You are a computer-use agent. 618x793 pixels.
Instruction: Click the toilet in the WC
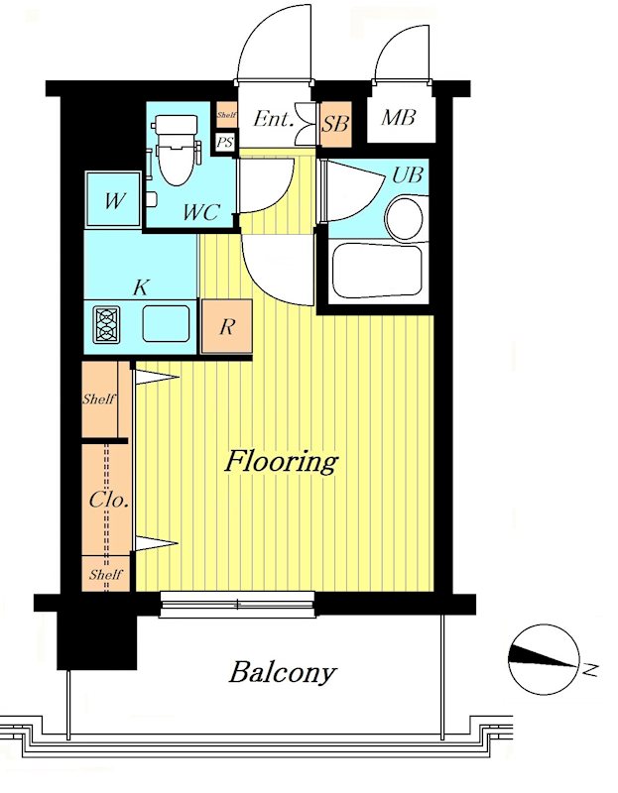(x=177, y=151)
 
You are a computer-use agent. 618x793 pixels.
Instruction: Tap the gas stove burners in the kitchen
(x=107, y=324)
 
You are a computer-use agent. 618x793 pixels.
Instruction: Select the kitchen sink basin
(x=166, y=324)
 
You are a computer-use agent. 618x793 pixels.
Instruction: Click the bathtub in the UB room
(x=377, y=271)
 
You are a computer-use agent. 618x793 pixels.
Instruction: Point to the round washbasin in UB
(x=404, y=218)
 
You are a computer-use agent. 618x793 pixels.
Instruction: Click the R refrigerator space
(x=227, y=326)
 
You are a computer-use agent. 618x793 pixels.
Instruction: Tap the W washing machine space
(x=113, y=199)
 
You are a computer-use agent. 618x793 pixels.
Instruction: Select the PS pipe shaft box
(x=225, y=142)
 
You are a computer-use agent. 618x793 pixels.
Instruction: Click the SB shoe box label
(x=335, y=123)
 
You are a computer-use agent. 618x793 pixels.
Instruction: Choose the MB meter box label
(x=399, y=117)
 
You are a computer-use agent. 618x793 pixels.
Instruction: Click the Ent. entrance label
(x=274, y=119)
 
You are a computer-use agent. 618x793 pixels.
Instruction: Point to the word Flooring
(x=282, y=461)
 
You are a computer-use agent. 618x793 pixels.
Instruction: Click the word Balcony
(x=283, y=673)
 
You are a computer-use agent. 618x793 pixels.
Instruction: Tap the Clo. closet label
(x=108, y=501)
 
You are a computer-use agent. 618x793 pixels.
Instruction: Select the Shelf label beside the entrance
(x=226, y=115)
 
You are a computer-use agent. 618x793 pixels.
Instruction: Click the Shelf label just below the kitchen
(x=99, y=399)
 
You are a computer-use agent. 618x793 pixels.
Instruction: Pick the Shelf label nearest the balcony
(x=105, y=575)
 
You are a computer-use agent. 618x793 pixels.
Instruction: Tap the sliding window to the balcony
(x=237, y=605)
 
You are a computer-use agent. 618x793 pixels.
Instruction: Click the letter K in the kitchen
(x=140, y=287)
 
